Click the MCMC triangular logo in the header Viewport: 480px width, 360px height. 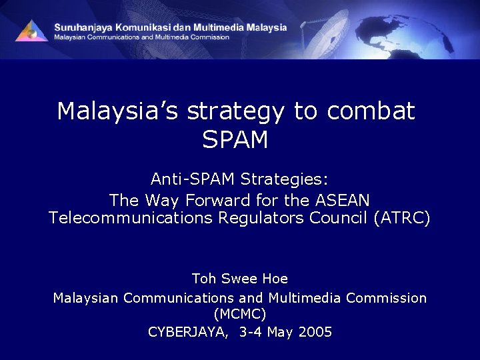(31, 30)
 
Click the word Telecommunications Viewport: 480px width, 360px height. (130, 218)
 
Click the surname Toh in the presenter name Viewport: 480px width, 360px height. (204, 278)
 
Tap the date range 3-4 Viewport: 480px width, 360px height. (251, 331)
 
